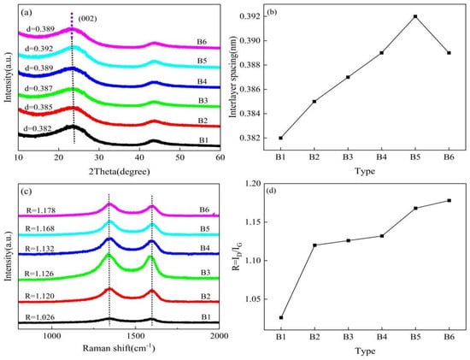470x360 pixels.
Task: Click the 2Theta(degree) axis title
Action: [x=119, y=170]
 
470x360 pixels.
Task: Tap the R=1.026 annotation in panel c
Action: [x=39, y=315]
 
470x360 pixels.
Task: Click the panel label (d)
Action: [x=443, y=190]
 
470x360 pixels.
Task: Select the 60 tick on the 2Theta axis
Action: [x=219, y=157]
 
